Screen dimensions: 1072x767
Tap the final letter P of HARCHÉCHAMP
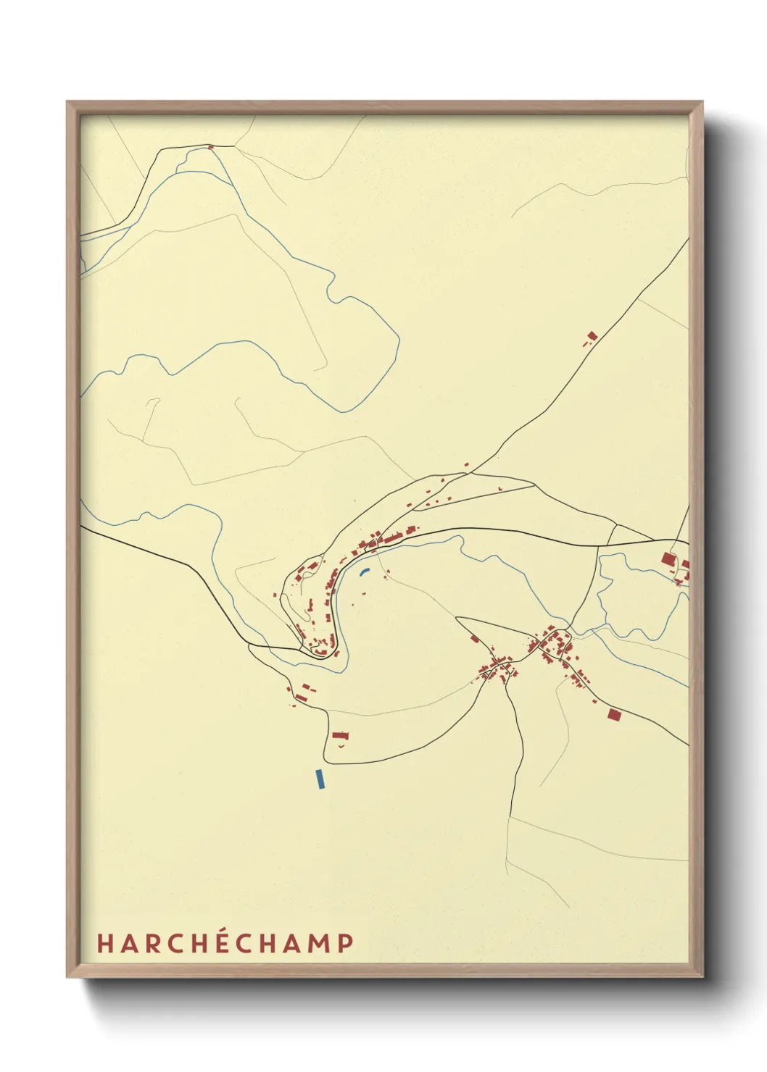[346, 943]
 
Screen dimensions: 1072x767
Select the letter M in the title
[320, 943]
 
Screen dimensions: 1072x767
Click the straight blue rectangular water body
[320, 779]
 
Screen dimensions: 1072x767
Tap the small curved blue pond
[365, 571]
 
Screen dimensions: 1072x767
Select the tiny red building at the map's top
[211, 147]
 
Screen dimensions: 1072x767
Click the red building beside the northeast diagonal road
[592, 336]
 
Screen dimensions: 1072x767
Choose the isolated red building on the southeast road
[614, 715]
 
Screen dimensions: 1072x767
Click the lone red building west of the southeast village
[475, 639]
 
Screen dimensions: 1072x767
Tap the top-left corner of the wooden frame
[67, 102]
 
